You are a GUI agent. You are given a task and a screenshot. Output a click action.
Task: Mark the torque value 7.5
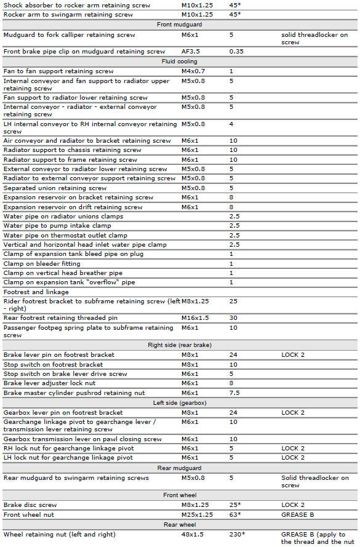coord(234,393)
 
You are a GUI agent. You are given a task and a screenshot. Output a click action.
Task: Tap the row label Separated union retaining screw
coord(55,188)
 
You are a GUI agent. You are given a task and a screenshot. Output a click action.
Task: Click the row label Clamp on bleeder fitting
coord(42,263)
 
